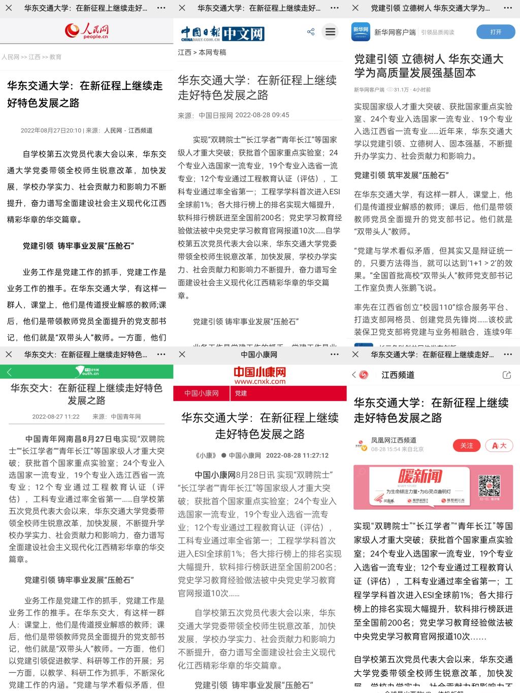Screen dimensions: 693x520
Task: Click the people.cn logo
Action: tap(86, 31)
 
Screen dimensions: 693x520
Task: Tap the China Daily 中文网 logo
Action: tap(222, 34)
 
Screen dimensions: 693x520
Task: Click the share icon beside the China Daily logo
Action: tap(311, 32)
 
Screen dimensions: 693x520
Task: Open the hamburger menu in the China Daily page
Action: tap(331, 32)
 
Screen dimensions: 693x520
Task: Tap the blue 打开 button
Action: tap(496, 32)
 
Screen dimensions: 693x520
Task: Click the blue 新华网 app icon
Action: tap(361, 32)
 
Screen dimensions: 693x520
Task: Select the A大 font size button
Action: tap(499, 446)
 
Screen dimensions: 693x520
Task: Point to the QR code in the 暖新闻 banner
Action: tap(490, 486)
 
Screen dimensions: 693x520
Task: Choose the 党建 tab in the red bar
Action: tap(241, 393)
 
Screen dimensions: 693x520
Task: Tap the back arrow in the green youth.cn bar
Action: tap(9, 372)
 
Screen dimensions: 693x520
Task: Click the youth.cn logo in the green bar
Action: tap(87, 372)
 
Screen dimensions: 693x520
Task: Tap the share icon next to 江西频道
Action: tap(506, 375)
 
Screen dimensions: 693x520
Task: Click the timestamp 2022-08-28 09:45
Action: tap(263, 115)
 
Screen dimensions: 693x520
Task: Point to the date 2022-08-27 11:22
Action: tap(56, 417)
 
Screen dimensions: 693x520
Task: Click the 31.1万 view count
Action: tap(401, 90)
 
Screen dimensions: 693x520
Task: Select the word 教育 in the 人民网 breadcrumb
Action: tap(55, 57)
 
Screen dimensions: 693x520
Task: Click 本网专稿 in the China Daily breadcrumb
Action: tap(212, 52)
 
